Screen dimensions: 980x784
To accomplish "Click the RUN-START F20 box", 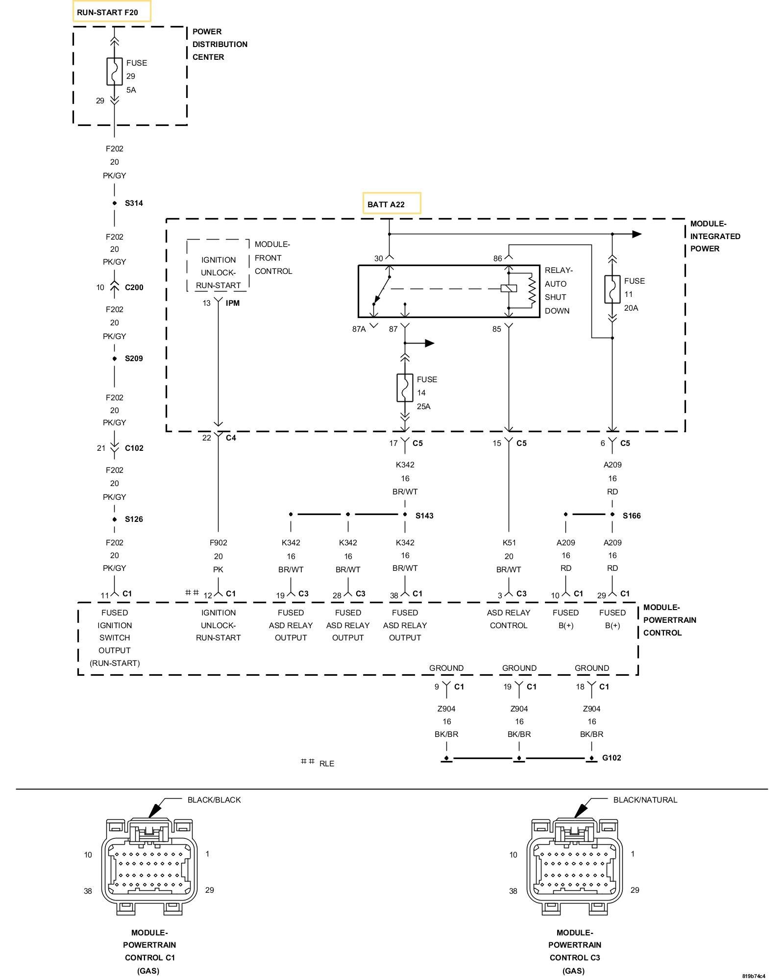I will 112,12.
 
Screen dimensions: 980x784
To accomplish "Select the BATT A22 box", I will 391,204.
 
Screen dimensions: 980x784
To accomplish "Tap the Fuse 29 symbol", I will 115,72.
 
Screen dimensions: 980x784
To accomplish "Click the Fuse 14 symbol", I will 405,388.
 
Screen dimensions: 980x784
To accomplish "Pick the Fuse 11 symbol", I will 612,290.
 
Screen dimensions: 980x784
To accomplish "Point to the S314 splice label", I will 134,203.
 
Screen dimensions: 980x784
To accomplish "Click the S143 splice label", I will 424,515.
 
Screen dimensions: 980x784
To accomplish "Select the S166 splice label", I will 632,515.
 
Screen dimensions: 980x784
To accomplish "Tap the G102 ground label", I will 612,758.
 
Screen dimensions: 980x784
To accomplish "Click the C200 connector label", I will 134,288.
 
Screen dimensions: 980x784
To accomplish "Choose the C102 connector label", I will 134,448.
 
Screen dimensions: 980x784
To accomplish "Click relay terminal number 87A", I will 359,329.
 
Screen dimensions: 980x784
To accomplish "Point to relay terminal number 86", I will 497,259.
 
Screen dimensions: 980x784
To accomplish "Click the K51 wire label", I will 509,543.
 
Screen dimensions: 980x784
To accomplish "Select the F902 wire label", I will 218,543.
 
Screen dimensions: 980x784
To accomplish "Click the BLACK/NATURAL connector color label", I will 645,800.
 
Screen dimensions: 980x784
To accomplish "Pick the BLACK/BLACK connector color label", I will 214,800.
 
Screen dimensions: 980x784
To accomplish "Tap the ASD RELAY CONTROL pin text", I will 509,619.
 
